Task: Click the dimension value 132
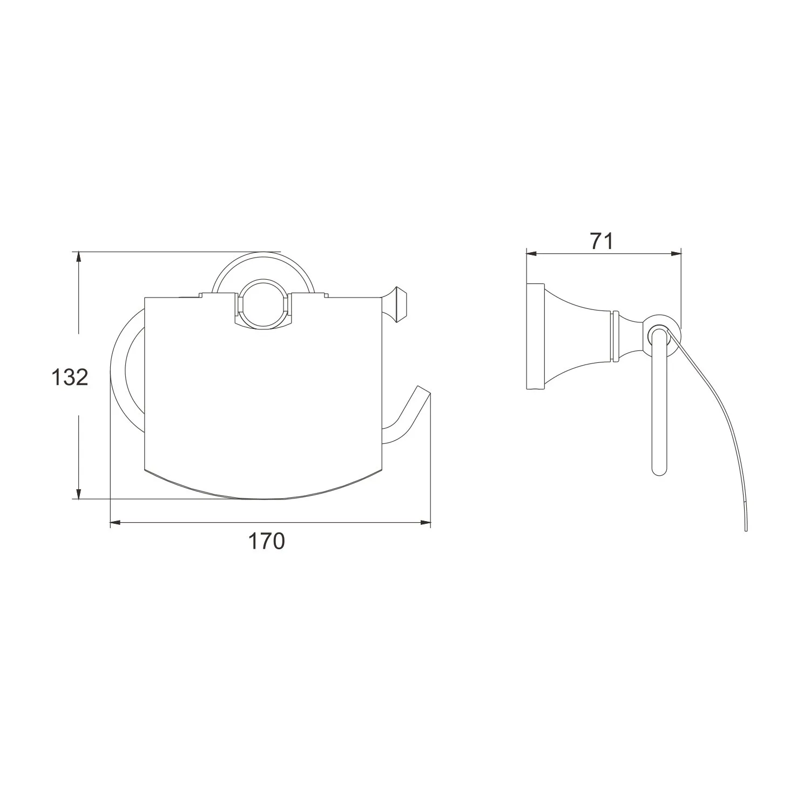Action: point(69,377)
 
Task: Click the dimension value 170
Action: point(266,541)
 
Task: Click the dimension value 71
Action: point(602,241)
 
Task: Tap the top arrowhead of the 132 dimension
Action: point(79,258)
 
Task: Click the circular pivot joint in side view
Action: point(658,335)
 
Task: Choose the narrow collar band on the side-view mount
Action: point(613,336)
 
